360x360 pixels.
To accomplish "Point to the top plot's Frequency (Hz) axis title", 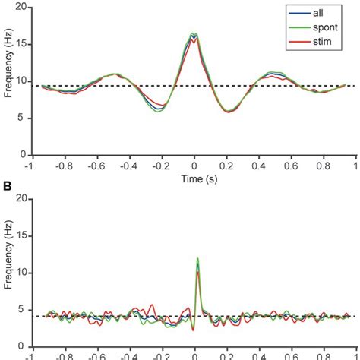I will [x=8, y=80].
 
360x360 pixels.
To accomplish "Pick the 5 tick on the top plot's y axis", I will [x=23, y=118].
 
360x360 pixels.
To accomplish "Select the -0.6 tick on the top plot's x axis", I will [x=94, y=163].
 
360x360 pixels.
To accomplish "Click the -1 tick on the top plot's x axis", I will [x=29, y=163].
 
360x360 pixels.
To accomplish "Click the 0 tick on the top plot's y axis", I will [x=23, y=155].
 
